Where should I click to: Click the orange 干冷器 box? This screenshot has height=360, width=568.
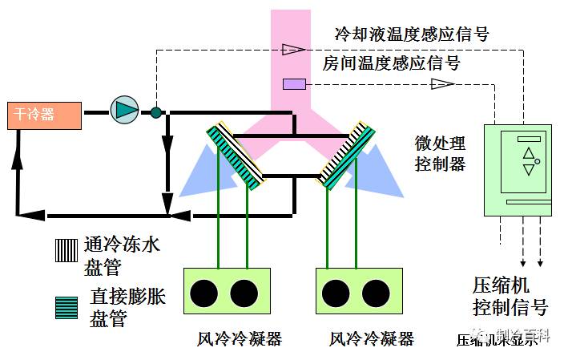(x=44, y=115)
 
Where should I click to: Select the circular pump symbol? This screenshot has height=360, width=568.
(x=123, y=111)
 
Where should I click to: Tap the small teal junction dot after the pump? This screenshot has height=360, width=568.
(x=156, y=112)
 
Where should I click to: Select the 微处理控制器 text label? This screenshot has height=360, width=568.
(x=440, y=154)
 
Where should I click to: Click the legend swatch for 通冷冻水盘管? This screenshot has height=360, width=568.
(x=66, y=250)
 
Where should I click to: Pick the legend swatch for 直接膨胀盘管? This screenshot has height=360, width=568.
(x=66, y=307)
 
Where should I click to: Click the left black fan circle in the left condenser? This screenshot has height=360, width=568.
(x=206, y=293)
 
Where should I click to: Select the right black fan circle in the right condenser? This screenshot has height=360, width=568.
(x=374, y=293)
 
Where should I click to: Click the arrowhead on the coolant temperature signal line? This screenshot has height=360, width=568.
(x=293, y=49)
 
